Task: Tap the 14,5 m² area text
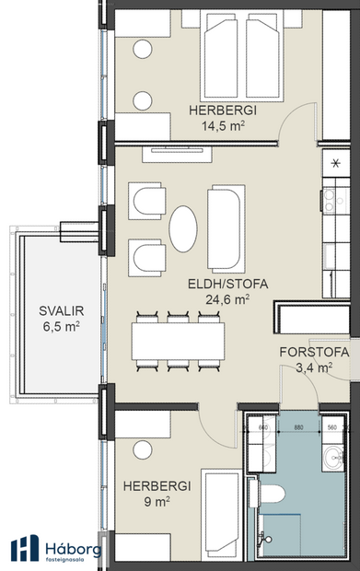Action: pos(223,127)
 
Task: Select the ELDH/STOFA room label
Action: pos(227,285)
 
